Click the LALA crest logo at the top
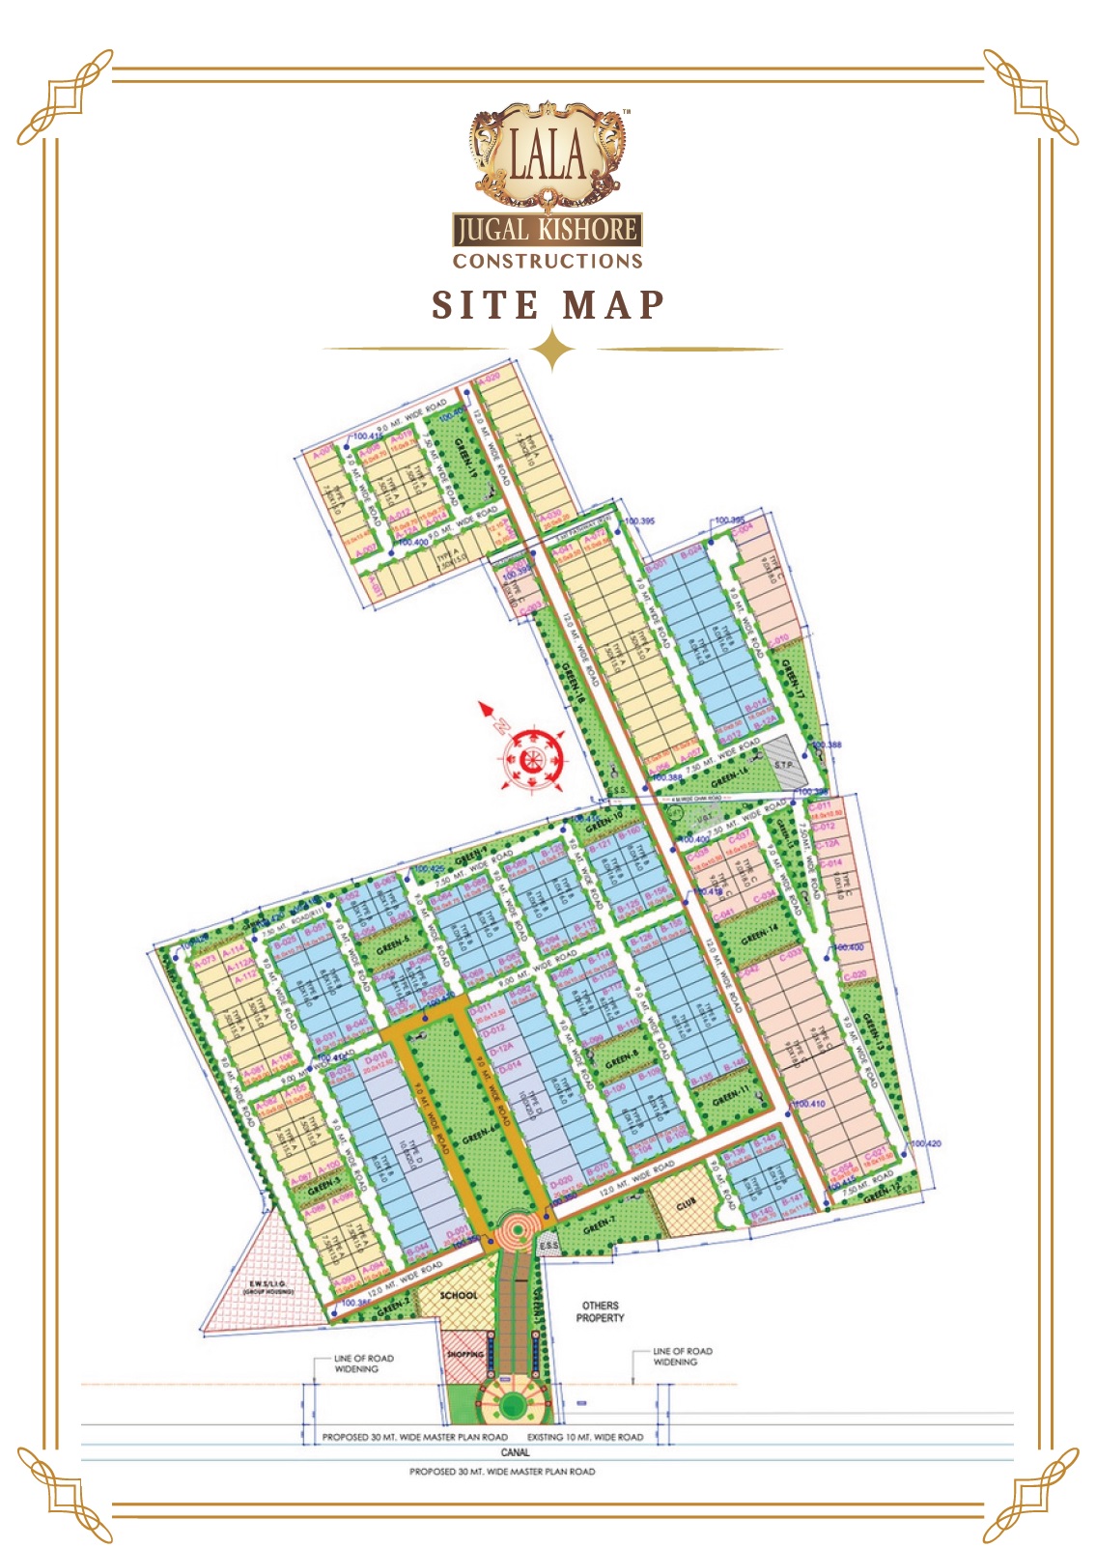(x=548, y=155)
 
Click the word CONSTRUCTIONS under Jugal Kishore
(x=548, y=261)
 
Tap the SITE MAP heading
(x=548, y=305)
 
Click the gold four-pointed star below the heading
(x=553, y=350)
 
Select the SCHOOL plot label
(x=459, y=1295)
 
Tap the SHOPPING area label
(x=465, y=1354)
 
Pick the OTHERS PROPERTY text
(x=600, y=1311)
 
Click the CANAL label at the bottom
(x=515, y=1452)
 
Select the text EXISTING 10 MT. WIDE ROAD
(x=585, y=1437)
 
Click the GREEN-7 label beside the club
(x=599, y=1224)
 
